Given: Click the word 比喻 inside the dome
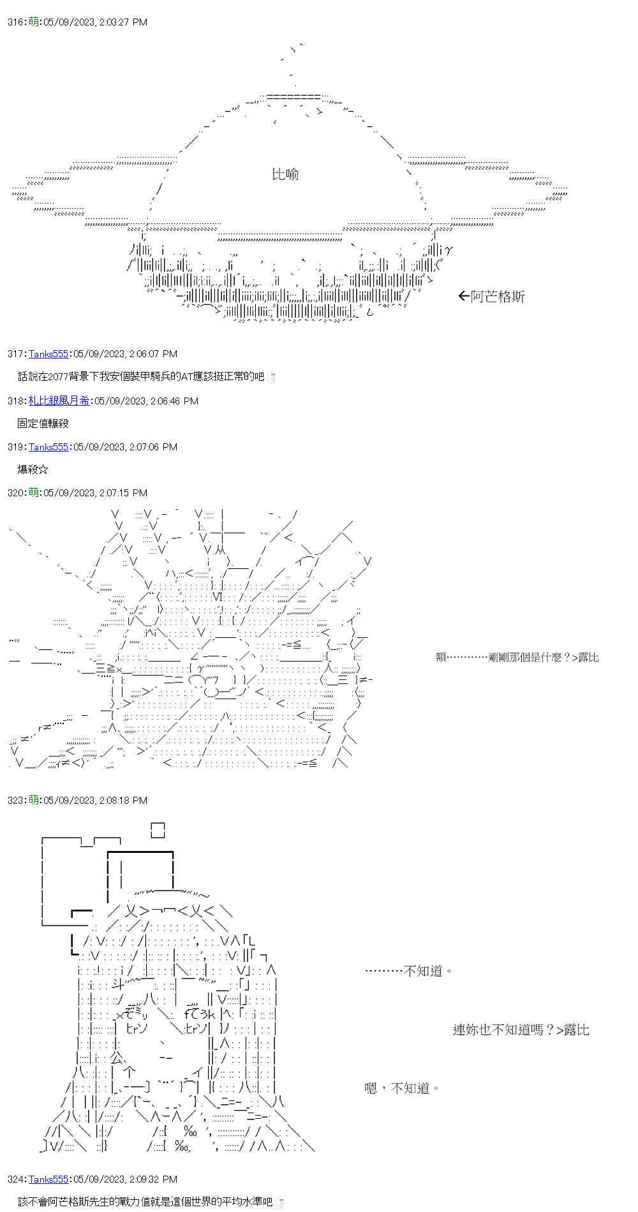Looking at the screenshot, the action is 285,174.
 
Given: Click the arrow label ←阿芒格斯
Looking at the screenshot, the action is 491,297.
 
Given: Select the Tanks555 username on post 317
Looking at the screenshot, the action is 48,354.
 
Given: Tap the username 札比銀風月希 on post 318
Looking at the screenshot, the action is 59,401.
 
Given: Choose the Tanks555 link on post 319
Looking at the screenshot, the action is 48,447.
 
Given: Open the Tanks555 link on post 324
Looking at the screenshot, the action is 48,1179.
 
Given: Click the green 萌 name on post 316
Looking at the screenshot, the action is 34,22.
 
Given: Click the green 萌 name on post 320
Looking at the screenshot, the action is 34,493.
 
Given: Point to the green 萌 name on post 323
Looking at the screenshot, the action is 34,801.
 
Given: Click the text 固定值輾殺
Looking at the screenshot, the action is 43,424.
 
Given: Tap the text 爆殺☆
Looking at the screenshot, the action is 33,470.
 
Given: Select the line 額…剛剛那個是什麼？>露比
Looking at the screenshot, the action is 517,657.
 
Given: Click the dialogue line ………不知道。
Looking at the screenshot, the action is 409,971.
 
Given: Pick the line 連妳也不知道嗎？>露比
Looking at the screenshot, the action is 521,1030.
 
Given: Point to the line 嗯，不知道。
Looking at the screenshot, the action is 402,1088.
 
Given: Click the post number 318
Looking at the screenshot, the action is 15,401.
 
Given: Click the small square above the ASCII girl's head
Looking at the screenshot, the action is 158,830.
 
